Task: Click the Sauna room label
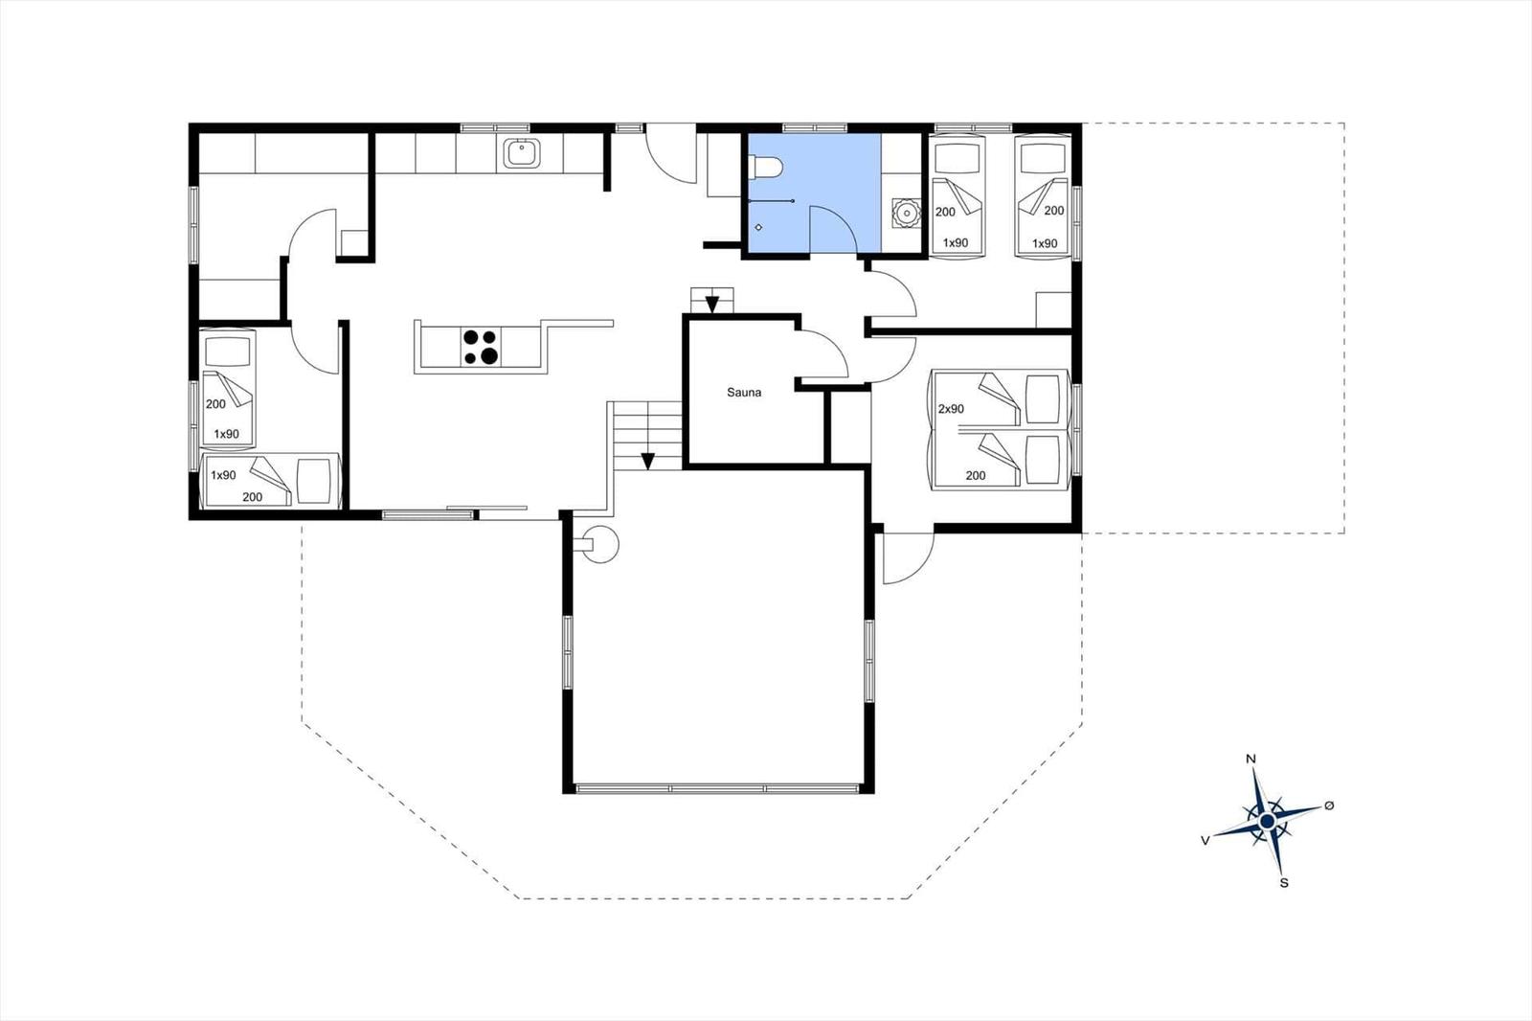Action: pyautogui.click(x=743, y=393)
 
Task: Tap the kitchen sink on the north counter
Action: pyautogui.click(x=522, y=153)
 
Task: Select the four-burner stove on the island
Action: pyautogui.click(x=481, y=347)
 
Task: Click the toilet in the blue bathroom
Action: pyautogui.click(x=765, y=167)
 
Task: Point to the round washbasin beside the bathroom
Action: pyautogui.click(x=907, y=212)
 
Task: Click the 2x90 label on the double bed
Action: pyautogui.click(x=951, y=409)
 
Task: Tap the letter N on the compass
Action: pyautogui.click(x=1250, y=759)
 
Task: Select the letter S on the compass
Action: pyautogui.click(x=1284, y=883)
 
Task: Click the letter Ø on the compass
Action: pyautogui.click(x=1329, y=806)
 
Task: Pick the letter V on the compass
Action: pyautogui.click(x=1205, y=840)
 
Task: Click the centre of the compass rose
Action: pyautogui.click(x=1268, y=821)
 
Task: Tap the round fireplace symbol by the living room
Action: pyautogui.click(x=600, y=544)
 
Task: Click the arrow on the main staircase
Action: pyautogui.click(x=647, y=462)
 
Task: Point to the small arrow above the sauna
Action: pyautogui.click(x=711, y=304)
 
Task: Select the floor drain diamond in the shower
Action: pyautogui.click(x=758, y=227)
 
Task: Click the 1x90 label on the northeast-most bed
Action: pyautogui.click(x=1045, y=243)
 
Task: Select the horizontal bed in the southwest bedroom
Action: pyautogui.click(x=271, y=481)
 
